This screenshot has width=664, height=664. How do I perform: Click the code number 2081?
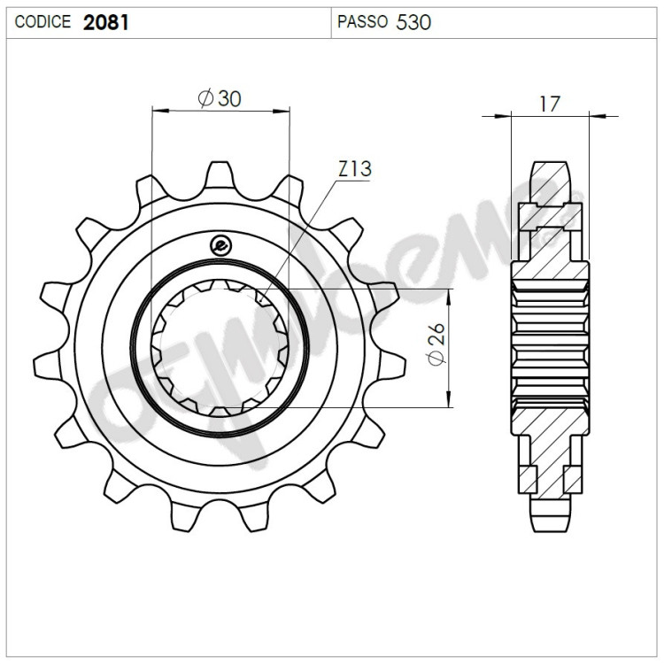click(x=106, y=22)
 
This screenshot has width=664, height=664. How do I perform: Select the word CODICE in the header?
click(x=42, y=21)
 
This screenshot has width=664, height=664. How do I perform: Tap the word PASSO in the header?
click(x=362, y=21)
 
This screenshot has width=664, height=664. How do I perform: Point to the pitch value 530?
click(x=413, y=22)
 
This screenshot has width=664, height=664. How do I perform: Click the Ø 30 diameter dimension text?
click(x=220, y=98)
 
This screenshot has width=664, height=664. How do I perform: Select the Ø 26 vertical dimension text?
click(x=436, y=344)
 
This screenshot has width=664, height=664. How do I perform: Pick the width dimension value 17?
click(x=550, y=104)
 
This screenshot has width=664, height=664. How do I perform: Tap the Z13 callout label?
click(x=355, y=169)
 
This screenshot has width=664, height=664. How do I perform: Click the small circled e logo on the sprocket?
click(x=220, y=245)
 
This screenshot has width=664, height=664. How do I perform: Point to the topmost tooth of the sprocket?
click(x=220, y=174)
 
